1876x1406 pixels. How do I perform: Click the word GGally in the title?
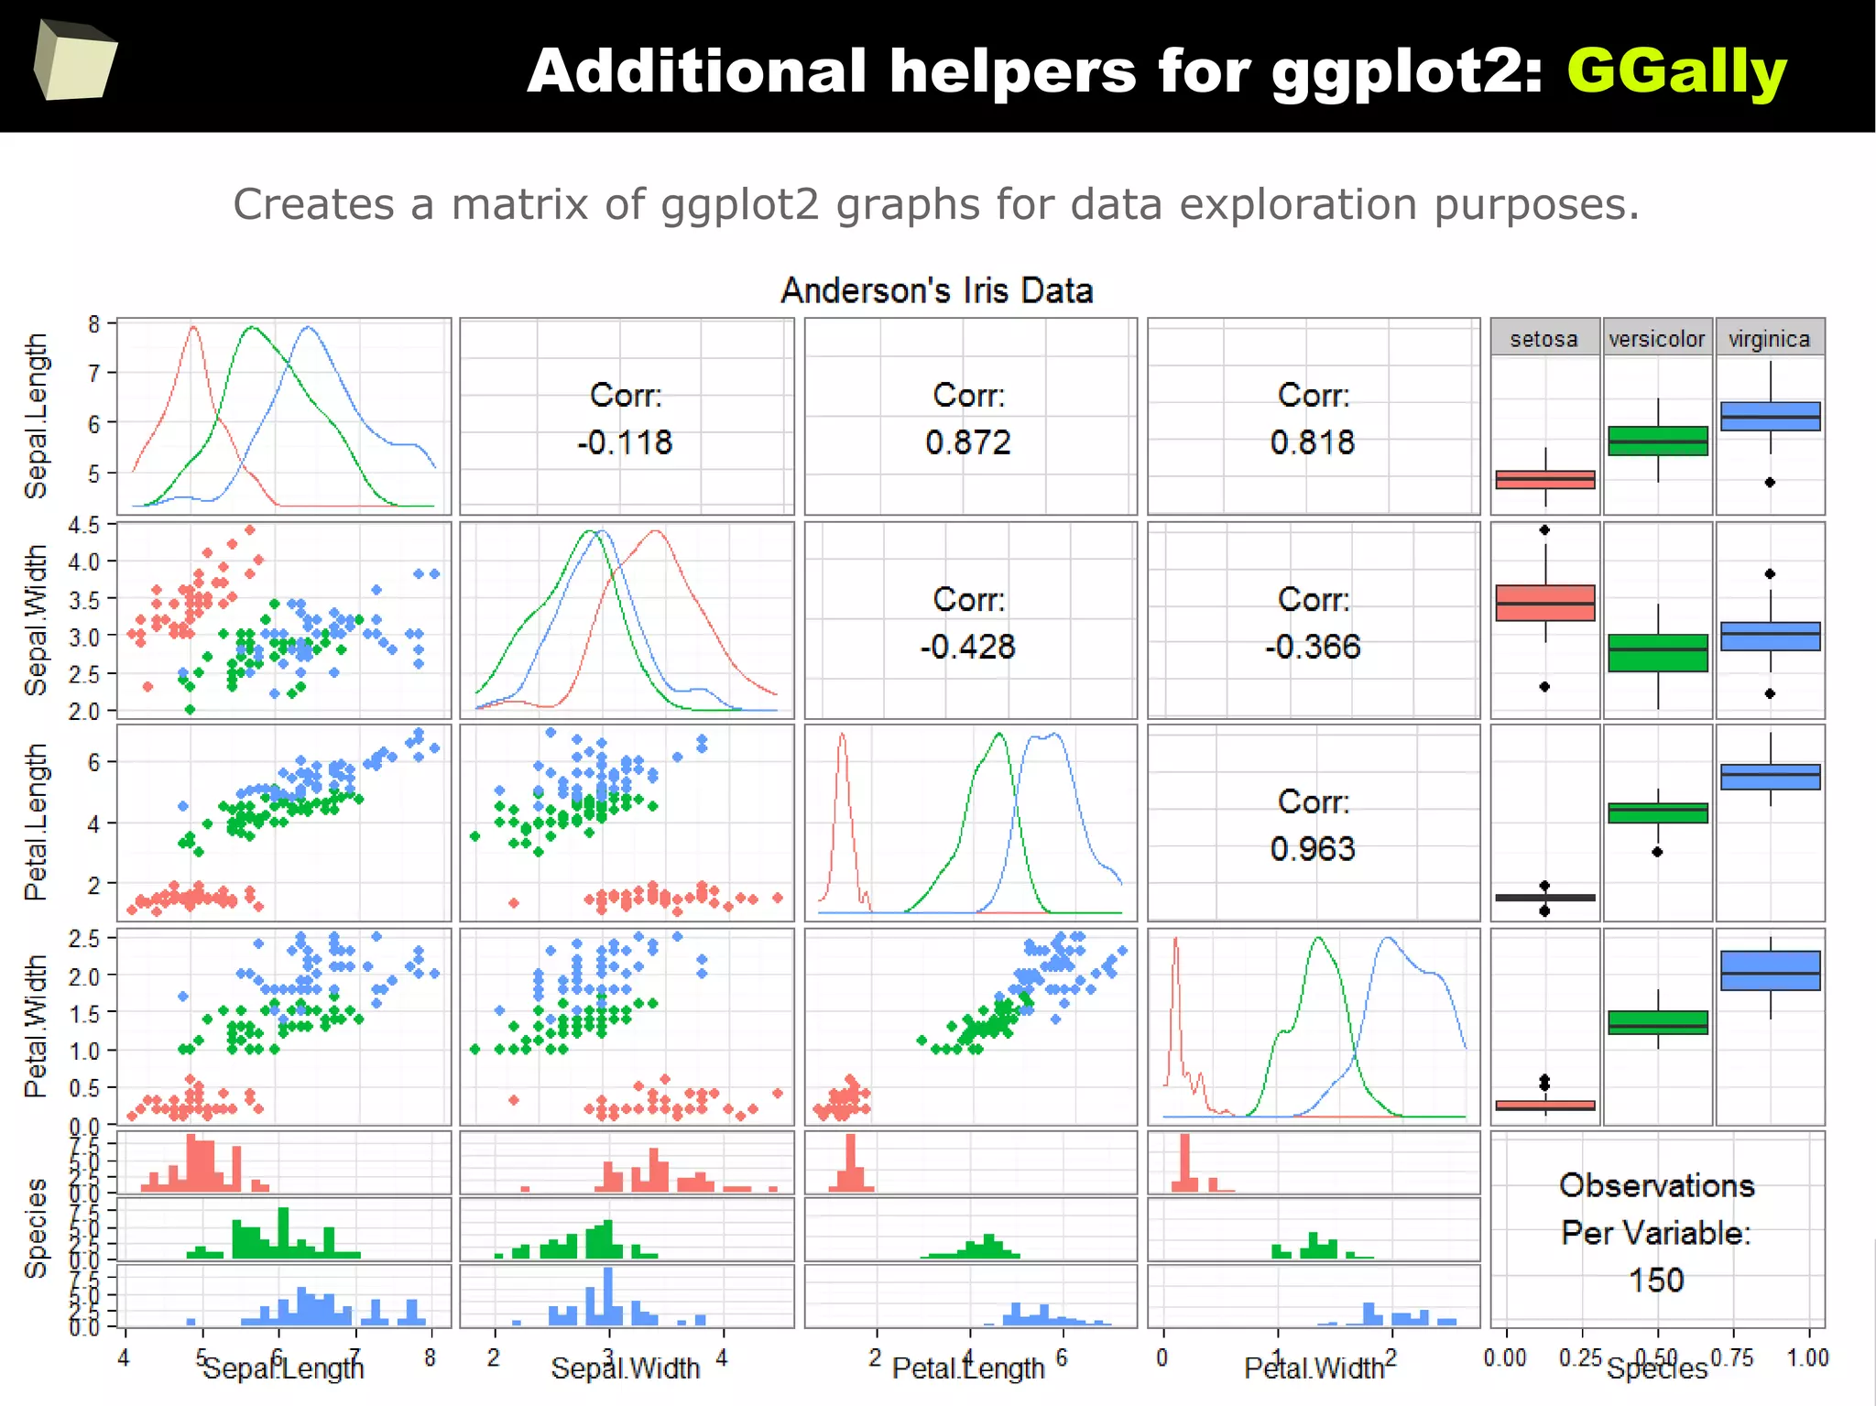pos(1675,71)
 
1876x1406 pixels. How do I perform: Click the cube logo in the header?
pos(75,60)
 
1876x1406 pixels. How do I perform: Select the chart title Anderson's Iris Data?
pos(936,291)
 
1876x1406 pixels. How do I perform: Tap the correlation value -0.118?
pos(625,442)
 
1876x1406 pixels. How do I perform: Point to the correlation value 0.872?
pos(968,442)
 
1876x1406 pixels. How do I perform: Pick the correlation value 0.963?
pos(1312,849)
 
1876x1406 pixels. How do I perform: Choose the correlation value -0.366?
pos(1312,647)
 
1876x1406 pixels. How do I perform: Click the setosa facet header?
pos(1543,339)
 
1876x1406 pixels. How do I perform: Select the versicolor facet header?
pos(1656,339)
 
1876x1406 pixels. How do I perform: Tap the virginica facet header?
pos(1769,339)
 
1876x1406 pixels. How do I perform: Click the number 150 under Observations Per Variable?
pos(1656,1280)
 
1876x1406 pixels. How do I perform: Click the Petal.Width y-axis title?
pos(36,1026)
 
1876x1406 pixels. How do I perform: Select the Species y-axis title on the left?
pos(36,1227)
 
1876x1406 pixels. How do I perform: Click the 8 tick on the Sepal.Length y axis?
pos(94,324)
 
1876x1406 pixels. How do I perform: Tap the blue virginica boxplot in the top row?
pos(1770,416)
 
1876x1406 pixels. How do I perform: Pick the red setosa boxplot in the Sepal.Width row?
pos(1544,603)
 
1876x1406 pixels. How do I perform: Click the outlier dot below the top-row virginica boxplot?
pos(1770,482)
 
